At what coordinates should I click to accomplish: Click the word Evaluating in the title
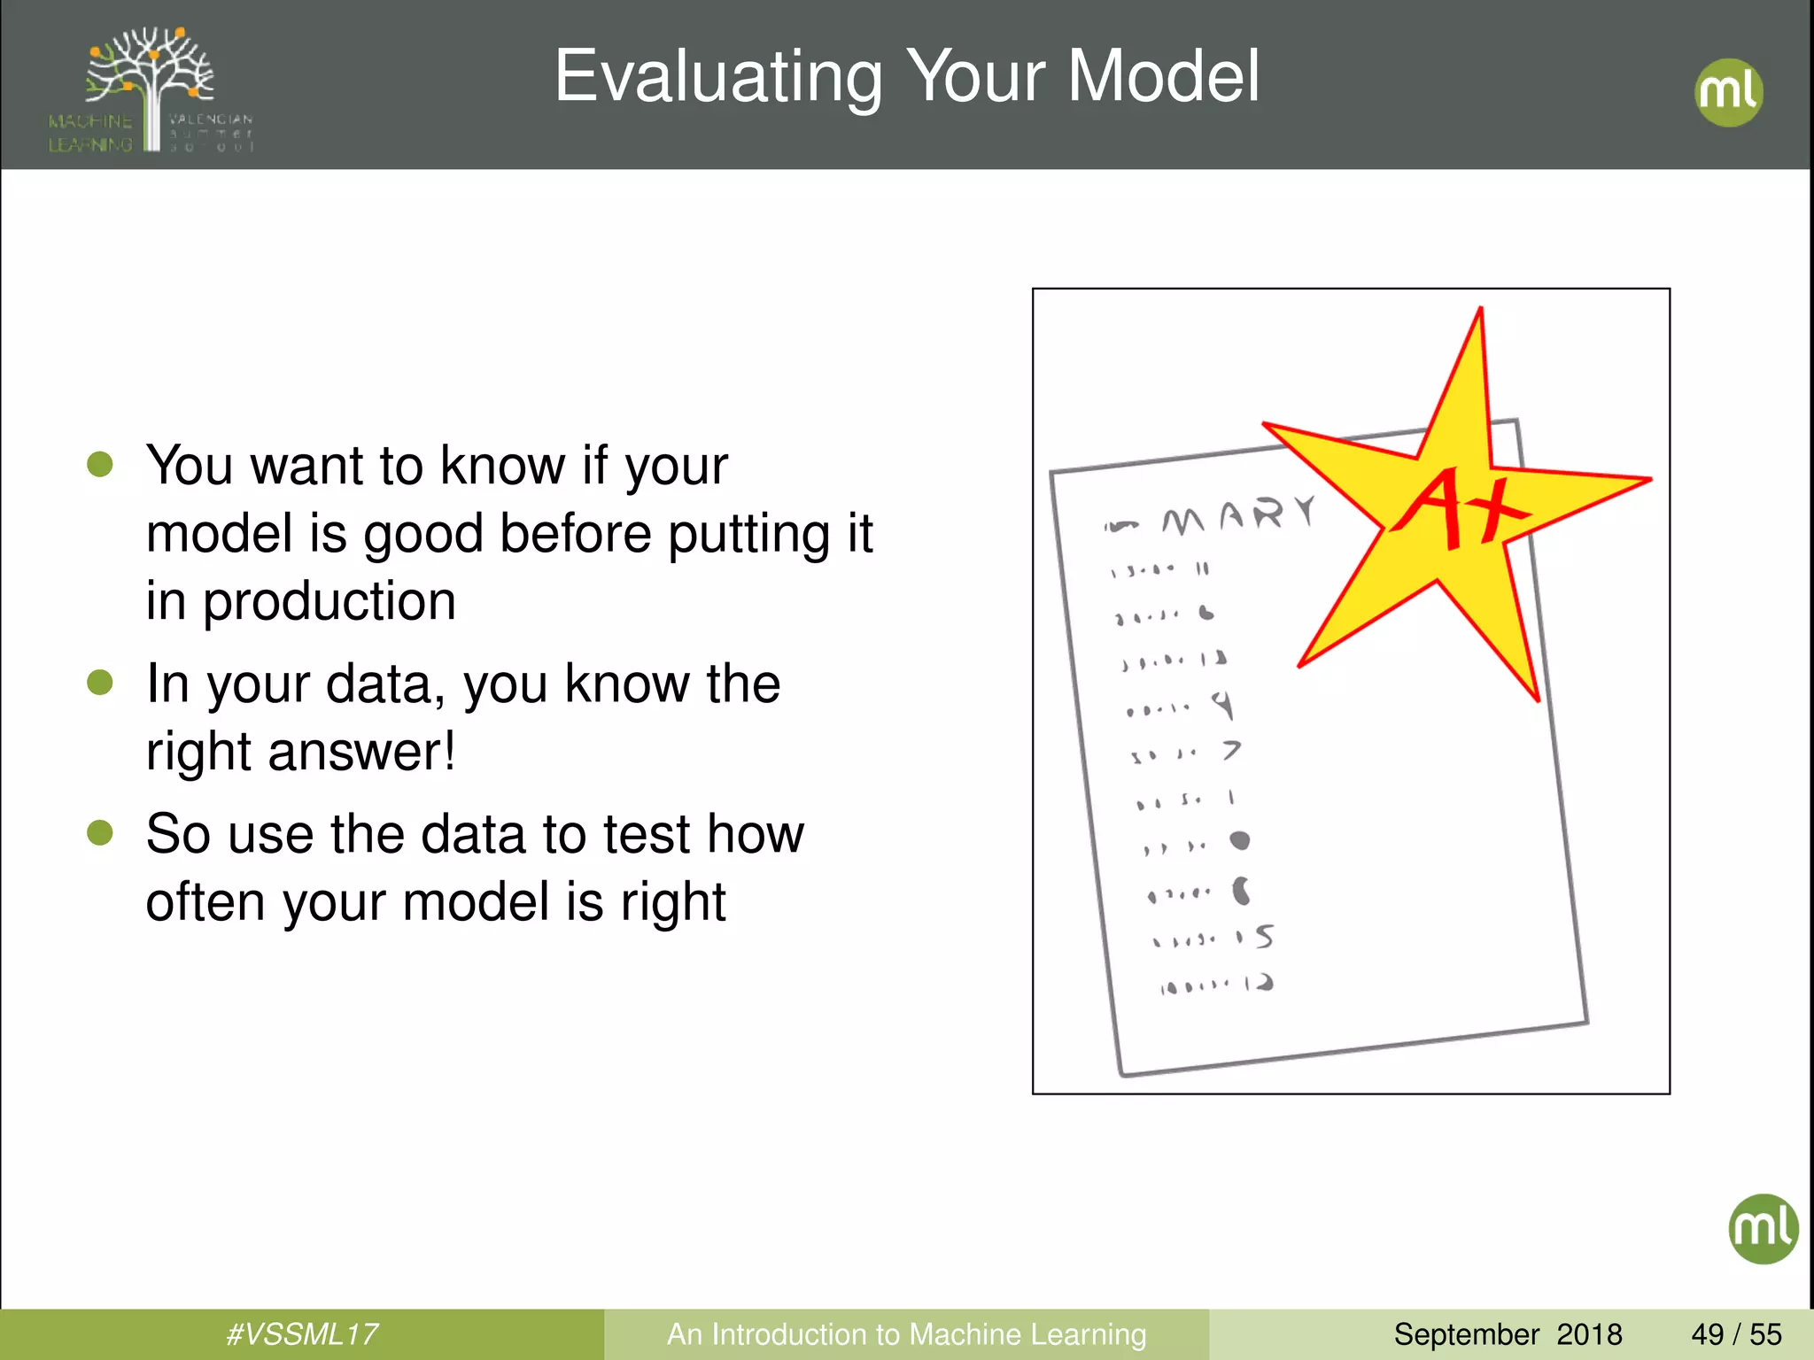click(x=717, y=78)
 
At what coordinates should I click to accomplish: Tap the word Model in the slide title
click(x=1163, y=76)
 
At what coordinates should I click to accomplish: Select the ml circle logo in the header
click(x=1728, y=92)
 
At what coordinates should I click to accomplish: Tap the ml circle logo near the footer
click(x=1763, y=1228)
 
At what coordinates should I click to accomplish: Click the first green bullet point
click(x=100, y=464)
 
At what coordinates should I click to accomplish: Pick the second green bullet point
click(x=100, y=682)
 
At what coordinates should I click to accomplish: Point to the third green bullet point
click(x=100, y=832)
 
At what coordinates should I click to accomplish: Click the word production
click(x=329, y=602)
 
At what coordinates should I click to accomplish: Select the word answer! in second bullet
click(x=361, y=751)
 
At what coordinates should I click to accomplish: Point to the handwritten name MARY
click(x=1238, y=516)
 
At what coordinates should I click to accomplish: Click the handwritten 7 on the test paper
click(x=1232, y=750)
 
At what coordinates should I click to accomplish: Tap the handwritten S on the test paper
click(x=1264, y=936)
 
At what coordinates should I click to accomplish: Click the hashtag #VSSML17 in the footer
click(x=302, y=1334)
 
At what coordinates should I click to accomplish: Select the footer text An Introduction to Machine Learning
click(x=906, y=1334)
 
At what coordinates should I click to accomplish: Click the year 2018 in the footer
click(x=1589, y=1334)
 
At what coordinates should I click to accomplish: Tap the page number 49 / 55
click(x=1736, y=1334)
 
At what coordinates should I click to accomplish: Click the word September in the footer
click(x=1466, y=1334)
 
